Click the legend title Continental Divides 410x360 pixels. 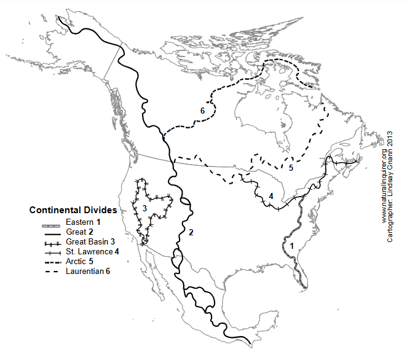tap(73, 210)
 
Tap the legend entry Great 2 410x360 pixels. tap(78, 232)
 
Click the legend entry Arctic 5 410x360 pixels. tap(79, 261)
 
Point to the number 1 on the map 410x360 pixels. tap(292, 245)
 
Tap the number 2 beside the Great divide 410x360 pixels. tap(191, 232)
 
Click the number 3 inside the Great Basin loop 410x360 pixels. tap(144, 209)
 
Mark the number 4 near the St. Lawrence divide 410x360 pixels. tap(271, 196)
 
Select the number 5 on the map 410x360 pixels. tap(291, 167)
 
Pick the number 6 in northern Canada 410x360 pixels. tap(201, 111)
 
